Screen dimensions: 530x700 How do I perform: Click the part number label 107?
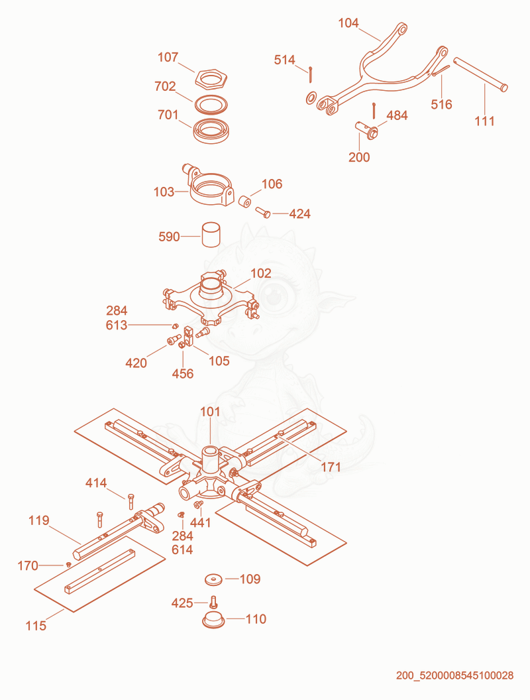coord(168,57)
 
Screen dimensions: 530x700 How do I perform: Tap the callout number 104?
coord(348,23)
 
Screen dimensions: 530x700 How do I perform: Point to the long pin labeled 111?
coord(480,74)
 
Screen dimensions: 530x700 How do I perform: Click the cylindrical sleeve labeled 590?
coord(211,235)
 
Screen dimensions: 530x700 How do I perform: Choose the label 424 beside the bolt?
coord(300,214)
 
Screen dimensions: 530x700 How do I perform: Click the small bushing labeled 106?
coord(244,202)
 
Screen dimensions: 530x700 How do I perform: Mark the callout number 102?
coord(261,273)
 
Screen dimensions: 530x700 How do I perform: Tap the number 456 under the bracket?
coord(183,374)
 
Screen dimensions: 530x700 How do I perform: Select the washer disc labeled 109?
coord(215,579)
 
